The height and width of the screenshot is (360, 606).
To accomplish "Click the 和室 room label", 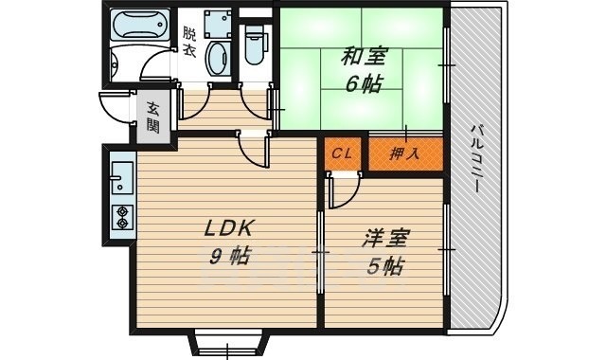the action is pos(363,58).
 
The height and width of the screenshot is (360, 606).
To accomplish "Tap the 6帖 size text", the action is pos(364,84).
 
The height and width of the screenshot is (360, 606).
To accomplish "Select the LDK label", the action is pos(228,228).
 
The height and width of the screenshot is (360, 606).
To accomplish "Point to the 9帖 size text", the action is pos(230,256).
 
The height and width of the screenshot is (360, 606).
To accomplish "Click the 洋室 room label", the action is pos(385,239).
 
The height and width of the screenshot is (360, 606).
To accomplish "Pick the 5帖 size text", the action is pos(385,266).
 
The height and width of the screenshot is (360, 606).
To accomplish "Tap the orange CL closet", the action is pos(343,153).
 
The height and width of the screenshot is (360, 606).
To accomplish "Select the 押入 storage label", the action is pos(404,154).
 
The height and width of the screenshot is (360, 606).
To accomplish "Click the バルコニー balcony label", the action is pos(476,158).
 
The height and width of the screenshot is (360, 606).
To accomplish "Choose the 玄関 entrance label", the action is pos(153,117).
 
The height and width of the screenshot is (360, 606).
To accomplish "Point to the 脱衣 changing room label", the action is pos(189,42).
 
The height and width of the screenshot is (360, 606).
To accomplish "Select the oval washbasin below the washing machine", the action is pos(217,59).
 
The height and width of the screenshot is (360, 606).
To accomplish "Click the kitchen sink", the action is pos(122,177).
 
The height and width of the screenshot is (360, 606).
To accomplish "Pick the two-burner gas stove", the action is pos(122,217).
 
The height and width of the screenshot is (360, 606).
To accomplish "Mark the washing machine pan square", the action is pos(218,24).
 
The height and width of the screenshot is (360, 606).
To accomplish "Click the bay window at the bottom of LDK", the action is pos(228,343).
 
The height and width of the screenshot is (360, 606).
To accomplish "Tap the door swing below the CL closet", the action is pos(344,191).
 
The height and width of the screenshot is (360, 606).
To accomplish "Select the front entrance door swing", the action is pos(117,107).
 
